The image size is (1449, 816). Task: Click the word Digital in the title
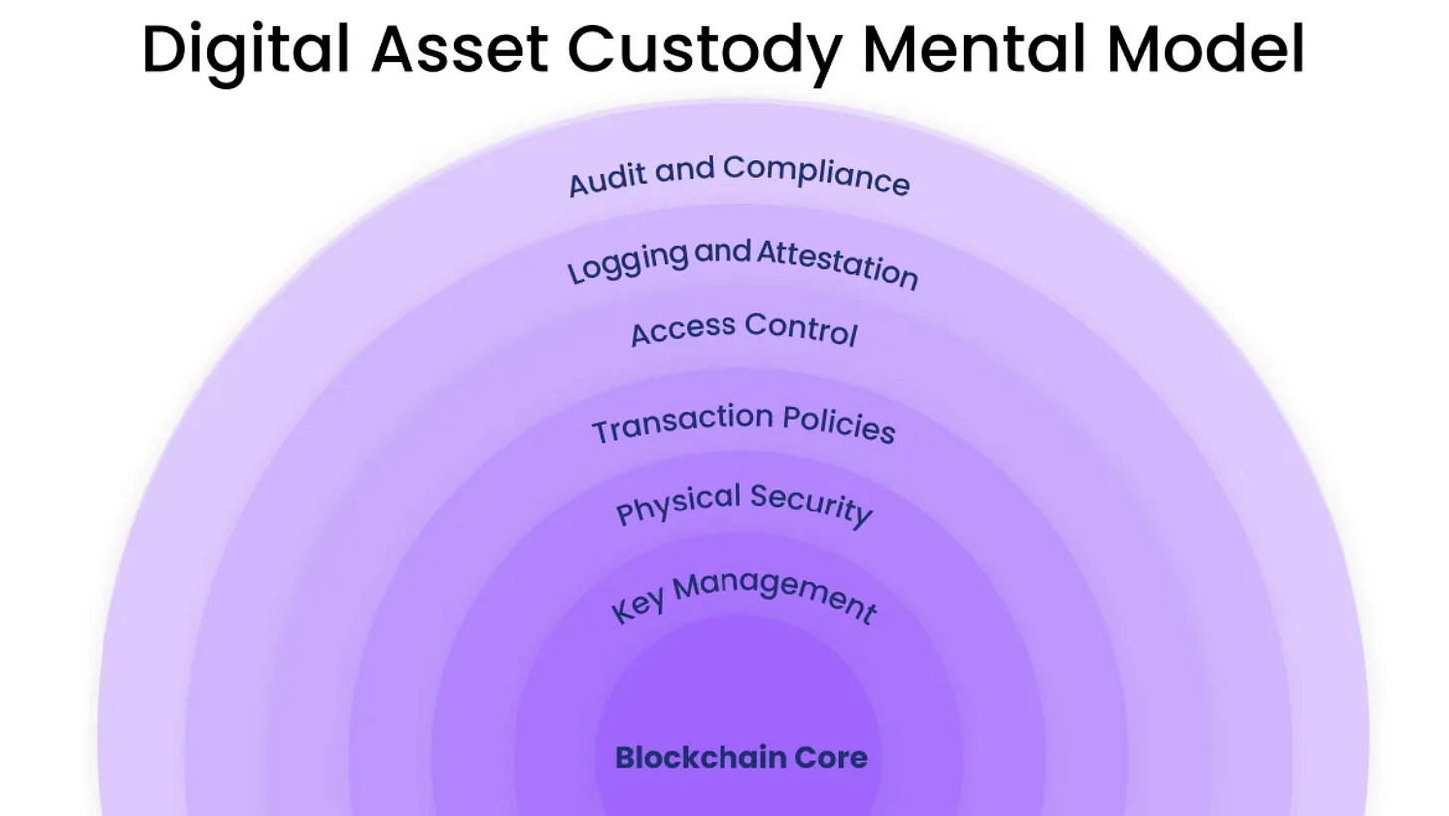[246, 49]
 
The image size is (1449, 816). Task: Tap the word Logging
[626, 262]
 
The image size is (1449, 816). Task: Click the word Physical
[679, 504]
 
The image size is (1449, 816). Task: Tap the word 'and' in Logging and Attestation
[723, 252]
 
